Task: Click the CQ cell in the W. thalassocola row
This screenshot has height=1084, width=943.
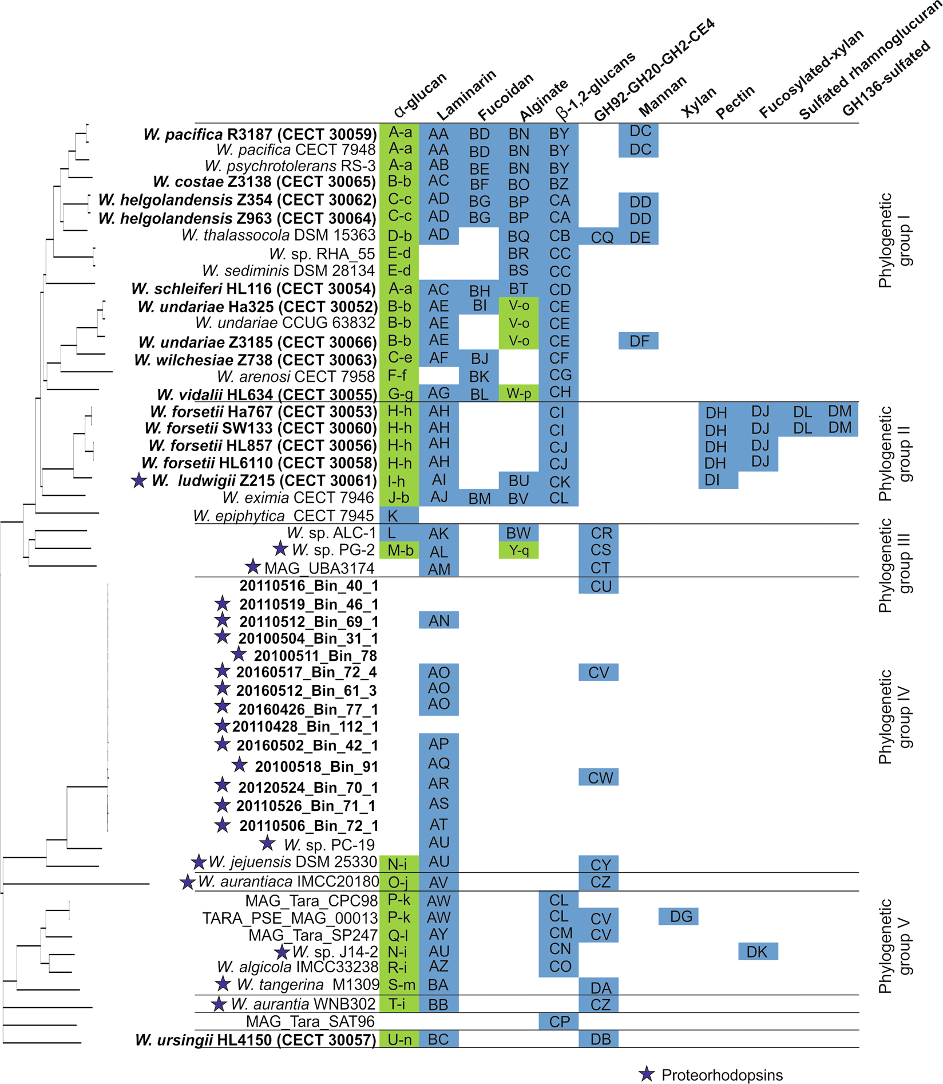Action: point(601,237)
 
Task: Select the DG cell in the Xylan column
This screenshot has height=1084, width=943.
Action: point(680,916)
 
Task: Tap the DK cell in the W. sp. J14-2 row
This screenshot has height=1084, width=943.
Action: point(756,952)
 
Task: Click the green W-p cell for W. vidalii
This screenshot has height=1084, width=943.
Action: point(518,393)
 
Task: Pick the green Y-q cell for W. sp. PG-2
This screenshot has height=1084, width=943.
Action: point(518,550)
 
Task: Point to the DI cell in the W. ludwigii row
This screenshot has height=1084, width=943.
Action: point(712,480)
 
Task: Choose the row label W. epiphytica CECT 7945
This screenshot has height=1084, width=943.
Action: point(283,516)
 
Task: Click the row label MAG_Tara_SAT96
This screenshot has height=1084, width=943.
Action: point(310,1021)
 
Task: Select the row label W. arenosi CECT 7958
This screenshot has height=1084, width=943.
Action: point(296,377)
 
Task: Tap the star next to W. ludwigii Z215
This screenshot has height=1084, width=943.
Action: point(138,480)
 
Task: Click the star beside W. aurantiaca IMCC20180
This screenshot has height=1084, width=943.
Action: point(187,882)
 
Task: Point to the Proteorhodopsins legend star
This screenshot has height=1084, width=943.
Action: point(647,1074)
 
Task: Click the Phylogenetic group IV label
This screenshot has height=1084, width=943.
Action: point(894,717)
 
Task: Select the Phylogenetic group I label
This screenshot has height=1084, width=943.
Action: point(894,241)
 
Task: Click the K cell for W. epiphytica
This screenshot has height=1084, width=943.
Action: point(393,516)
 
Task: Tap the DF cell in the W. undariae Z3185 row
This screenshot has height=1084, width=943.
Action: point(639,341)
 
